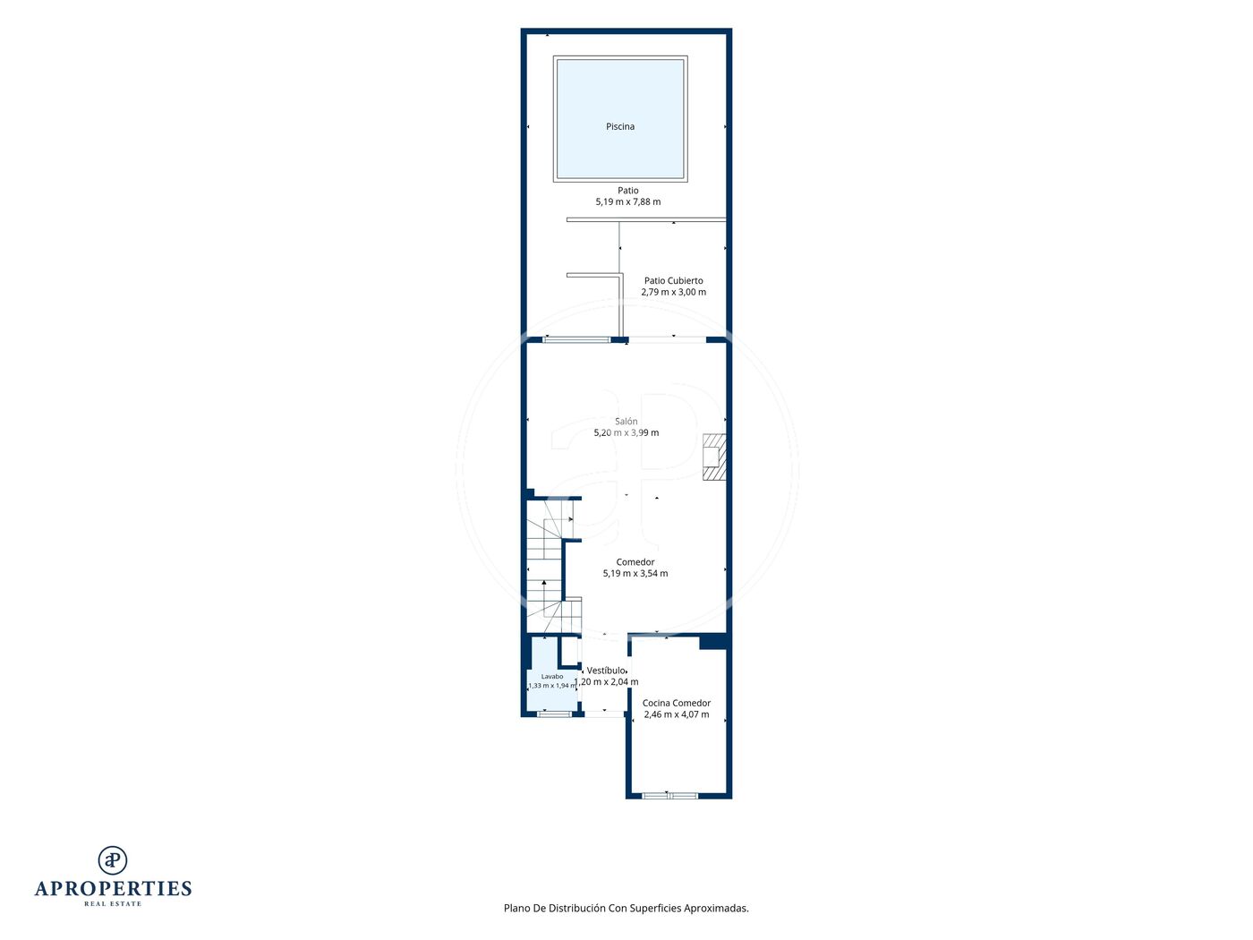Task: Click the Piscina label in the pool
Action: coord(620,127)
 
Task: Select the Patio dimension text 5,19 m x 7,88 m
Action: coord(628,201)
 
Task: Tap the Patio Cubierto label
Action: coord(674,281)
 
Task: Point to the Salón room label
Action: coord(626,421)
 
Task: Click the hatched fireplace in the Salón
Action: coord(714,457)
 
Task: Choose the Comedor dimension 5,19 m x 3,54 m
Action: coord(635,573)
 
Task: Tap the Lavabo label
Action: coord(552,676)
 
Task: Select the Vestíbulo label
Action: coord(606,671)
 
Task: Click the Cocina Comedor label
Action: coord(677,703)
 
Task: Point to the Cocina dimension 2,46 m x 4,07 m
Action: coord(677,714)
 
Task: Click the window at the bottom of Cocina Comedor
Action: coord(669,796)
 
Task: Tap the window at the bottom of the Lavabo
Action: coord(554,714)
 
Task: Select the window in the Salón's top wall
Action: coord(576,340)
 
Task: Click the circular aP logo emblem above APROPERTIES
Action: coord(113,860)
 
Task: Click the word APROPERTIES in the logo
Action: coord(113,888)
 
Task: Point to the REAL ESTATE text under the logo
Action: coord(113,903)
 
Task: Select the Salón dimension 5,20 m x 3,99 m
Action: coord(626,432)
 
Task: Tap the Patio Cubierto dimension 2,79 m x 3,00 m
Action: coord(674,292)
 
